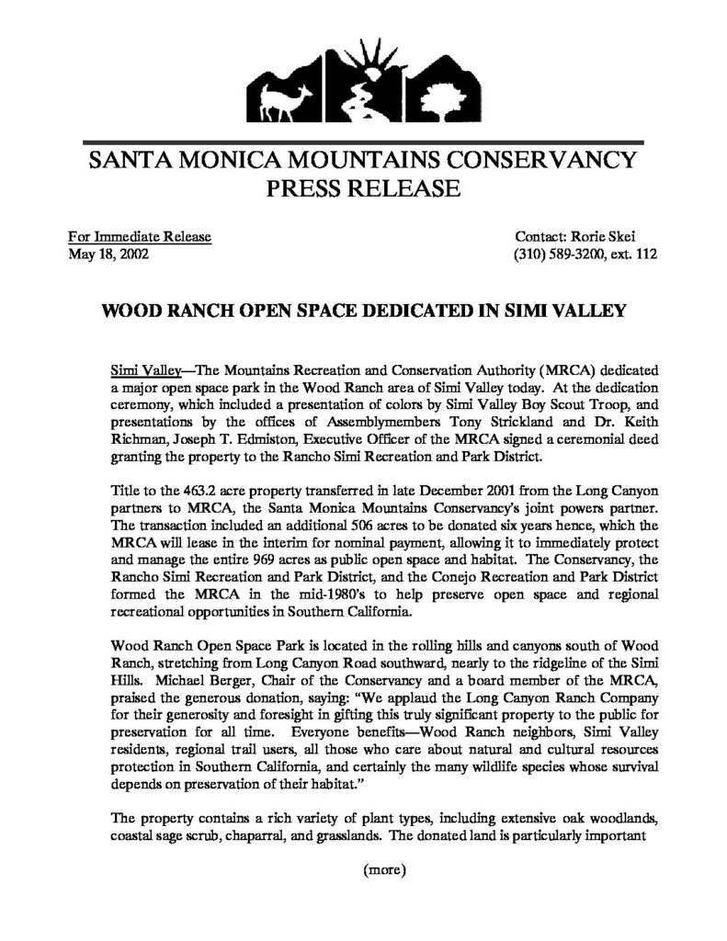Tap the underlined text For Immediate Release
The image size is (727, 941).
click(x=141, y=237)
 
